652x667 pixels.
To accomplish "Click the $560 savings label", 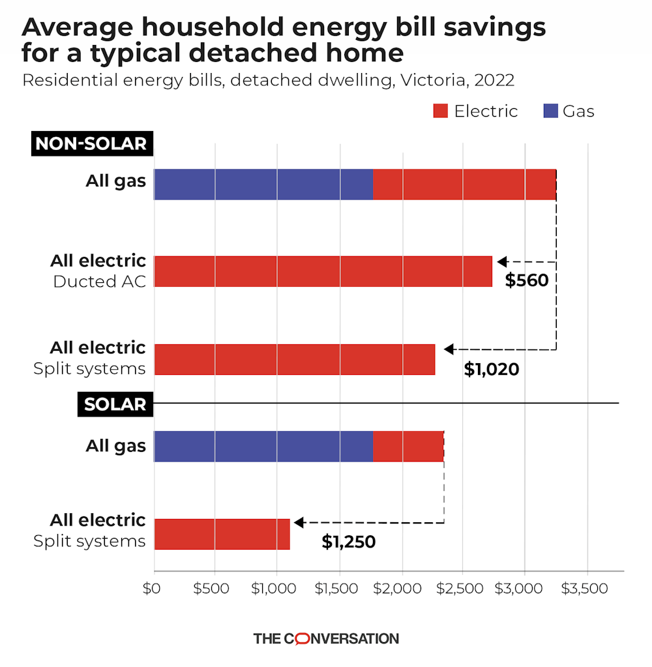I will (527, 281).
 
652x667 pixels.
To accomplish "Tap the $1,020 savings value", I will (491, 370).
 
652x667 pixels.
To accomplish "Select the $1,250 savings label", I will (349, 542).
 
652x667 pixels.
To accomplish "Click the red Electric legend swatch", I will (441, 111).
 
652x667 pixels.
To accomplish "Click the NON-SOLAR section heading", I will (91, 143).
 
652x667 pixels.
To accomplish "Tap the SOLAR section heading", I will (115, 404).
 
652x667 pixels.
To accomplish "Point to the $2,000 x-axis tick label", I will (402, 588).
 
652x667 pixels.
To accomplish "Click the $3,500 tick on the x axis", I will (587, 588).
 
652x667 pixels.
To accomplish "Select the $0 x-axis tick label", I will (151, 588).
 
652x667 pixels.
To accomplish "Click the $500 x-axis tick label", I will (212, 588).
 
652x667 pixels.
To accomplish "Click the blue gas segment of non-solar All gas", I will (263, 185).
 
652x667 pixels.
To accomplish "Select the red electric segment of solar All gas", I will (408, 447).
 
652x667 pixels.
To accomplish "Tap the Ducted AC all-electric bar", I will (323, 271).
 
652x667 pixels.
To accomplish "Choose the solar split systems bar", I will (222, 534).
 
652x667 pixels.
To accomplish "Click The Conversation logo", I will (325, 638).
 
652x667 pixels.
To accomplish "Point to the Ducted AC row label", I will (99, 282).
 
